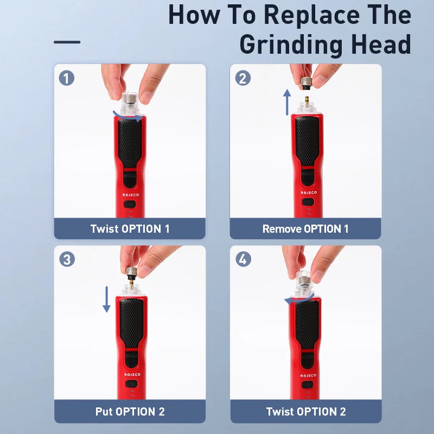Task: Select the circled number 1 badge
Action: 67,78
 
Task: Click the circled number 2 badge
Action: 242,78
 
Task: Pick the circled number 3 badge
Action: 67,259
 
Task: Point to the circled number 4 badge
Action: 243,259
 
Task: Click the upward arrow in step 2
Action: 287,102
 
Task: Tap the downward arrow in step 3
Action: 106,299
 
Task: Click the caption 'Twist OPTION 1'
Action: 130,229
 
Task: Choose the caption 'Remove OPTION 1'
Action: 305,229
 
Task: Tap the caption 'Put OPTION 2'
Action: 130,412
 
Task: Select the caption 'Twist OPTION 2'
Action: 306,412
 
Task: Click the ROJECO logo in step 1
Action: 131,195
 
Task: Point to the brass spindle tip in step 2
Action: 307,100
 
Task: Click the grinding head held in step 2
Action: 307,84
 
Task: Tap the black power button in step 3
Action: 131,384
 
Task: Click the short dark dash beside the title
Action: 67,42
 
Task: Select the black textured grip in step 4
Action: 307,324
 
